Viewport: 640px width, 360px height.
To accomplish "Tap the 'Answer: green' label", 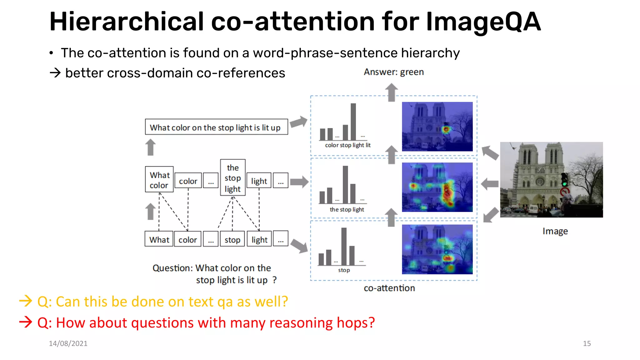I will (x=393, y=72).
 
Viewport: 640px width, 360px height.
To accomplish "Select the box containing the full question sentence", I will (x=216, y=127).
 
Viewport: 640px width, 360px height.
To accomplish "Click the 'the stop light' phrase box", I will (x=232, y=178).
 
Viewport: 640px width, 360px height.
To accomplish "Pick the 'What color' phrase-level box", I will (x=159, y=179).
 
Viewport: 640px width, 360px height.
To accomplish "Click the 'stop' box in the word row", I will (x=232, y=239).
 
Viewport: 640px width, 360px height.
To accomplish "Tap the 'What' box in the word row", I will (x=159, y=239).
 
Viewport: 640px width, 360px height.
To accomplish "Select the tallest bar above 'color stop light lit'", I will (x=353, y=122).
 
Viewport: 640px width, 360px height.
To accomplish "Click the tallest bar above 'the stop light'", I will (x=345, y=184).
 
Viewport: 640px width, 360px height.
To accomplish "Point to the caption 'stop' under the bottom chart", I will (x=344, y=270).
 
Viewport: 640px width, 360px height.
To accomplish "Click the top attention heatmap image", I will (x=437, y=127).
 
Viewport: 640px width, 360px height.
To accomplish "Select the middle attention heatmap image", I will (x=437, y=187).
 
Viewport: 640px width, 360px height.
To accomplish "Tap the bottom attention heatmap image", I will (x=437, y=249).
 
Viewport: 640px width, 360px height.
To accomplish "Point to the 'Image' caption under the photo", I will (x=555, y=231).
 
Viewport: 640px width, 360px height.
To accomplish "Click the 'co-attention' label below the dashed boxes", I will (x=389, y=288).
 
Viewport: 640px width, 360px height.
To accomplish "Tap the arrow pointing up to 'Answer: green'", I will (x=391, y=92).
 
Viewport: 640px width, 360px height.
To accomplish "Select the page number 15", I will (x=587, y=343).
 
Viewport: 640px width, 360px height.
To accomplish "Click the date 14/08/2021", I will (x=68, y=343).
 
